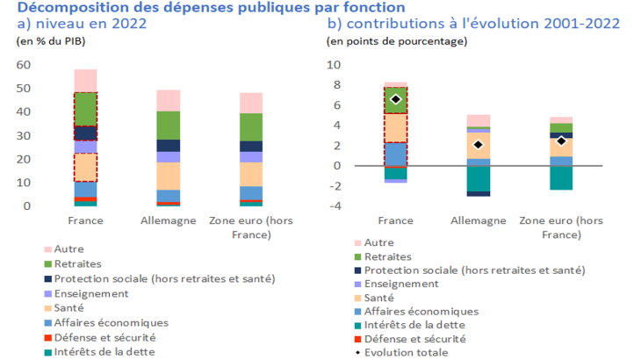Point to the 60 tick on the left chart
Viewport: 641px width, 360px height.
[24, 65]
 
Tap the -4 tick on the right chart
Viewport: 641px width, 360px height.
[335, 206]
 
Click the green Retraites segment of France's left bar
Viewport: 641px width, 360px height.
[85, 109]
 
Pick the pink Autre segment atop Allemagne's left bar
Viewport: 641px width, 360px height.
[168, 100]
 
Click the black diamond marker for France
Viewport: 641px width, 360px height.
[395, 99]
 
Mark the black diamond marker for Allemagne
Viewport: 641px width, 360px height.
[478, 145]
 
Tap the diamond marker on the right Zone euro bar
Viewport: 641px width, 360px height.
[560, 140]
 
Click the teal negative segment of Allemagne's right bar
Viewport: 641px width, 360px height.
[478, 178]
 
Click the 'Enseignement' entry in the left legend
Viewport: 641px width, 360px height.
[90, 293]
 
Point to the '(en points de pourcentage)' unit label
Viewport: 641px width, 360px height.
[397, 41]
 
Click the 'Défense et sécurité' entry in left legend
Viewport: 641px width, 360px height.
[104, 337]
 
